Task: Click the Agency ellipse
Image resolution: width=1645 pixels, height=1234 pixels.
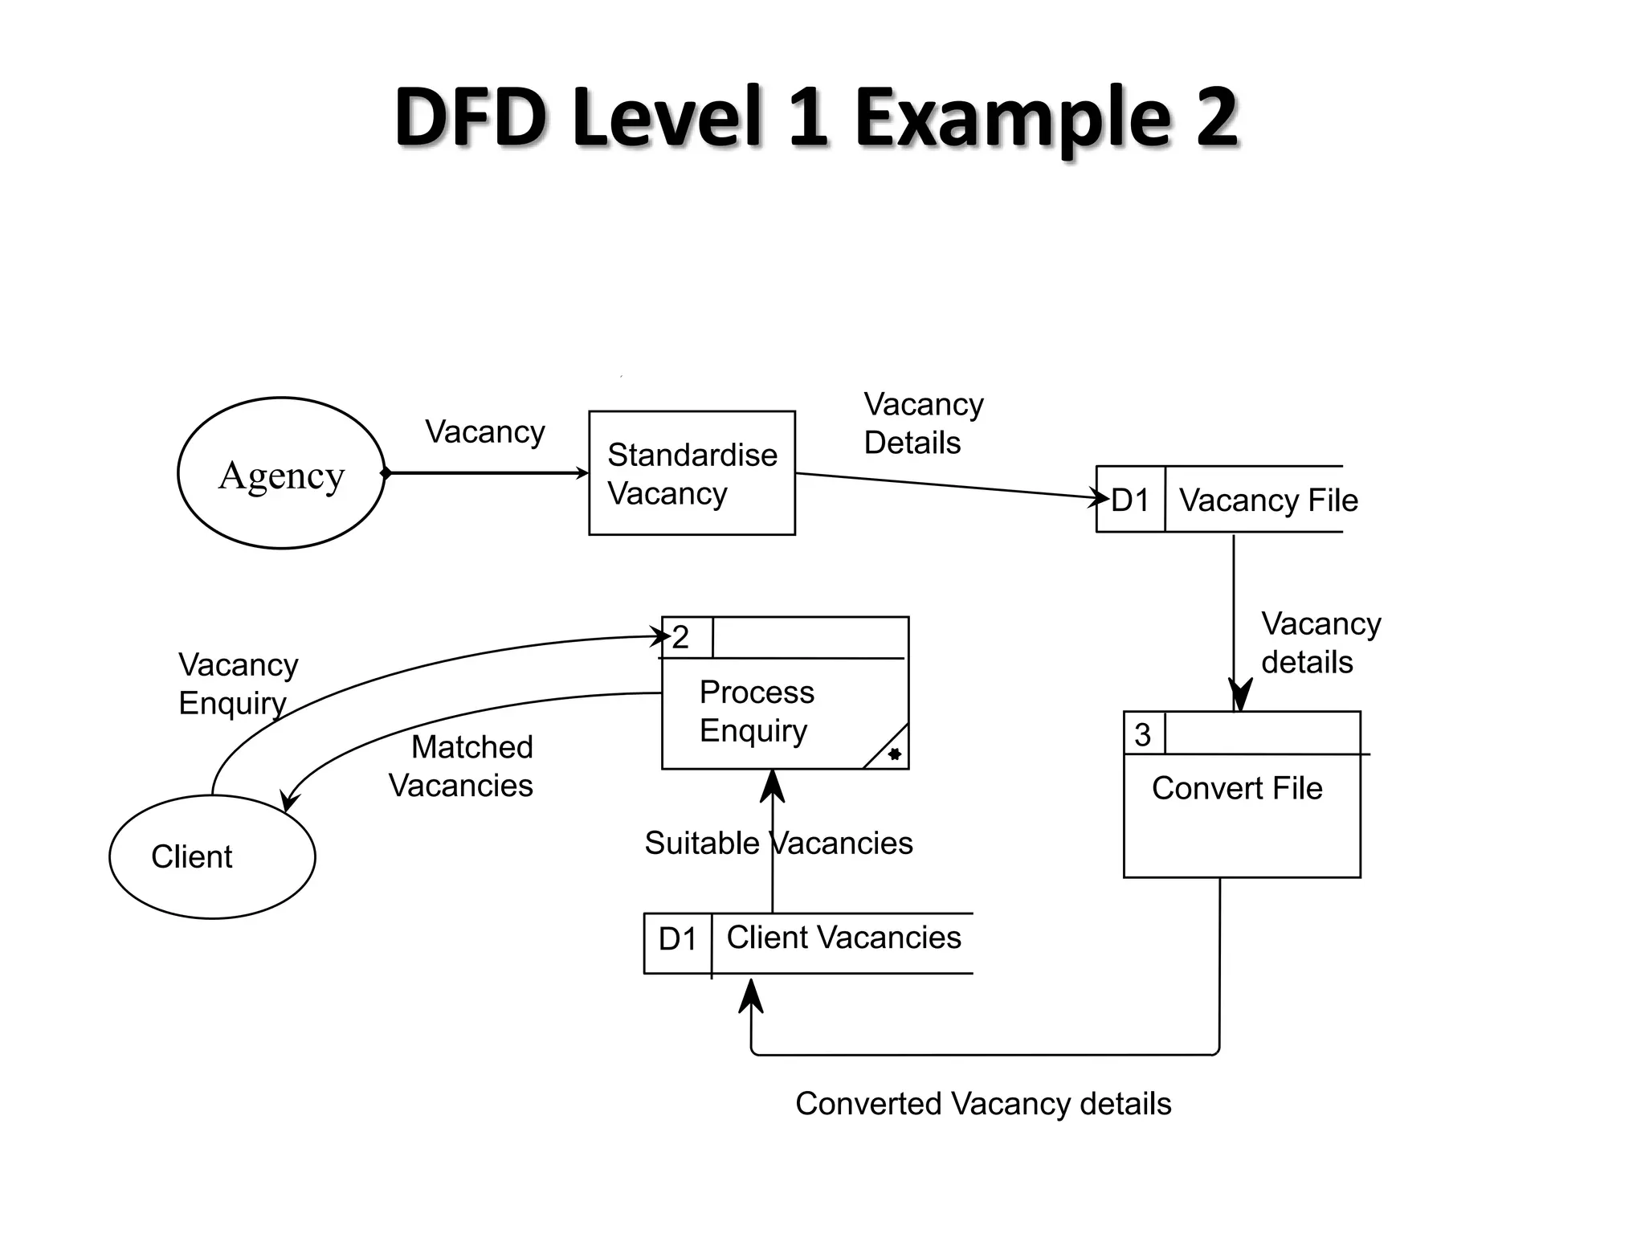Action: [x=281, y=474]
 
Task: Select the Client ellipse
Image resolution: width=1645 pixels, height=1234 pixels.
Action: [x=212, y=856]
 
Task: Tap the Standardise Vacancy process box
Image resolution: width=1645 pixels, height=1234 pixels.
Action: [x=692, y=473]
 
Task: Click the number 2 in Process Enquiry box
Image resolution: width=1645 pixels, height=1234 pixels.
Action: [x=681, y=638]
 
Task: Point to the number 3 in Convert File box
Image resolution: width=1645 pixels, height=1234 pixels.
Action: [x=1142, y=734]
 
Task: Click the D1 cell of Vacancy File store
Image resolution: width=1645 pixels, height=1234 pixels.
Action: [x=1131, y=501]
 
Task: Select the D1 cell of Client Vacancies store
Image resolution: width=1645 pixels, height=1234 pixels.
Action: [x=678, y=939]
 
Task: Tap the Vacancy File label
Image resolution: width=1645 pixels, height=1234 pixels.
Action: [x=1268, y=501]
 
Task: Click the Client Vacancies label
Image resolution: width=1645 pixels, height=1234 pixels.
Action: [x=843, y=938]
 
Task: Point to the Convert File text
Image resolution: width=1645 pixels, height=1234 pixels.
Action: [x=1236, y=788]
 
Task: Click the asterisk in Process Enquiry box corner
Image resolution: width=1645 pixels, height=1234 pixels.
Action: [x=894, y=754]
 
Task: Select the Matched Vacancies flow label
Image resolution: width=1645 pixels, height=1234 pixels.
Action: [x=462, y=766]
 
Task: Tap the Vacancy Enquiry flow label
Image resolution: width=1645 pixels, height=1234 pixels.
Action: [x=238, y=684]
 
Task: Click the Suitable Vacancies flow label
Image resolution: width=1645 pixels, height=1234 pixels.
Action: [x=778, y=844]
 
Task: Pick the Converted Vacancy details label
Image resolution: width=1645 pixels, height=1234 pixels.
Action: [x=982, y=1104]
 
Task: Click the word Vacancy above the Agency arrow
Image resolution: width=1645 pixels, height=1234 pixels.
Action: [x=485, y=432]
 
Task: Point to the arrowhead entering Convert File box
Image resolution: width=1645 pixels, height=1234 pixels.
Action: [x=1239, y=695]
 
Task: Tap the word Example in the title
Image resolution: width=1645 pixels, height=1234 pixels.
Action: [x=1011, y=117]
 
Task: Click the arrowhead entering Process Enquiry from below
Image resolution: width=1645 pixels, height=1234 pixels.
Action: [x=772, y=785]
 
